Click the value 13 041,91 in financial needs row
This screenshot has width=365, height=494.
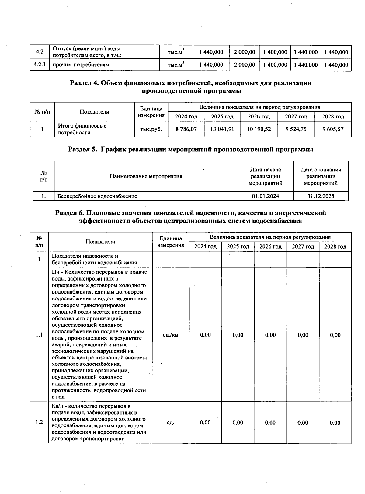[222, 129]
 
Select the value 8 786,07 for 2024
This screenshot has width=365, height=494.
[186, 129]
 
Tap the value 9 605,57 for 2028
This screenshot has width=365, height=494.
[333, 129]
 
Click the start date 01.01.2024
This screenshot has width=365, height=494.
[265, 196]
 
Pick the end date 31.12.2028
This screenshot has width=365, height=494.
[321, 196]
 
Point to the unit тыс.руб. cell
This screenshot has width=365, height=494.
[151, 129]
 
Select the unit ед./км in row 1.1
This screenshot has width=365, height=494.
[170, 335]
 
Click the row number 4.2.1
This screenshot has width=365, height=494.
[39, 65]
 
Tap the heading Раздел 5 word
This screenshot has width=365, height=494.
[82, 150]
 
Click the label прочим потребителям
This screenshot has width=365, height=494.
[81, 65]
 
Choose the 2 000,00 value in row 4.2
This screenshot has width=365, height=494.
[244, 52]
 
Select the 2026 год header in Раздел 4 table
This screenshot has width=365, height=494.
[259, 117]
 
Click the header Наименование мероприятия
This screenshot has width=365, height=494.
[146, 176]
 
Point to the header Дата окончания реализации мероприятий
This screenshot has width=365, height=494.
[321, 176]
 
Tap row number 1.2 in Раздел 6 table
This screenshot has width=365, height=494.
[39, 422]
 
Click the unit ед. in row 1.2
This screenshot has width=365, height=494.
[170, 422]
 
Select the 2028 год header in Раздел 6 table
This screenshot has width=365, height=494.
[335, 246]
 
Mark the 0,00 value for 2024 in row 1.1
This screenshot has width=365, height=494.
[205, 335]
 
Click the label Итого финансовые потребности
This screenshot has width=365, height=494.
[82, 129]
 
